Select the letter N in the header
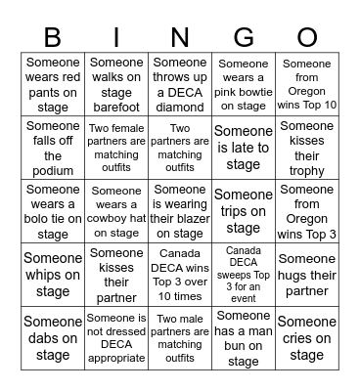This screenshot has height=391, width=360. (180, 38)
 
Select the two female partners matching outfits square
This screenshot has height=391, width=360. (116, 148)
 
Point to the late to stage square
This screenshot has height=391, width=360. (243, 148)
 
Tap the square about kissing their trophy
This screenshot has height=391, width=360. (306, 148)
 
